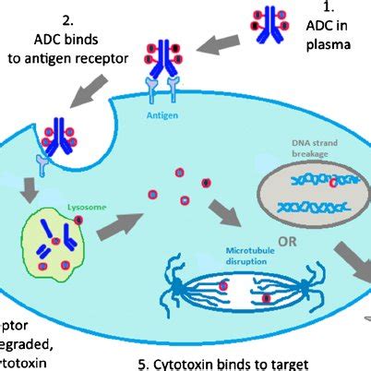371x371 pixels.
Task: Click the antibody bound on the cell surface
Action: [x=165, y=59]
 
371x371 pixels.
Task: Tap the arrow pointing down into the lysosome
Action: [x=30, y=188]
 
